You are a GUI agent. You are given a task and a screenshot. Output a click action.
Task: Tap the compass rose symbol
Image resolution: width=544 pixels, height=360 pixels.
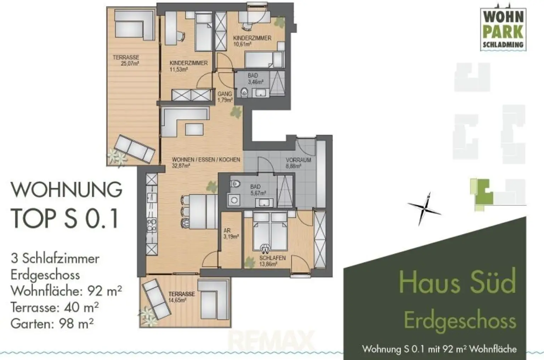[x=425, y=209]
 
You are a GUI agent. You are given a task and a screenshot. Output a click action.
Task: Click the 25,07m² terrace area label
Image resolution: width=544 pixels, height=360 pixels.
[x=126, y=61]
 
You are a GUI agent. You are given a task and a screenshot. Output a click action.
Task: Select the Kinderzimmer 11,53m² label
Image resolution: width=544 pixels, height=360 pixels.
[x=188, y=66]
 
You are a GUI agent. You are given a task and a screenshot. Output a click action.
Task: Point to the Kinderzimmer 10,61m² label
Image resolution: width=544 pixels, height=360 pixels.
[x=252, y=41]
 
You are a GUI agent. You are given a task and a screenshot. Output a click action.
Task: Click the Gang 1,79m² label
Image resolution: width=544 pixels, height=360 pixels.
[x=225, y=97]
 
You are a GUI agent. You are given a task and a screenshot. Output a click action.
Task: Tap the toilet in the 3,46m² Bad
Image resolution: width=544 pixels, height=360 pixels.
[x=244, y=92]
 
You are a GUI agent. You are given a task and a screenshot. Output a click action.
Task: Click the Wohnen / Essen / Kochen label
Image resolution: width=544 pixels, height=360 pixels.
[x=206, y=162]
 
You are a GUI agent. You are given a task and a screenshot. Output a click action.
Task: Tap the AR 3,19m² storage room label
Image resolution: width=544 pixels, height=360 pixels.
[x=230, y=234]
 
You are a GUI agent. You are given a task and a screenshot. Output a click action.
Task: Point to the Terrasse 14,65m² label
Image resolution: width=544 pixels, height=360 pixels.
[x=181, y=297]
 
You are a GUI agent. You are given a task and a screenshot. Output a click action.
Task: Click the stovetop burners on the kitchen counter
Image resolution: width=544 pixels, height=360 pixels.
[x=152, y=225]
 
